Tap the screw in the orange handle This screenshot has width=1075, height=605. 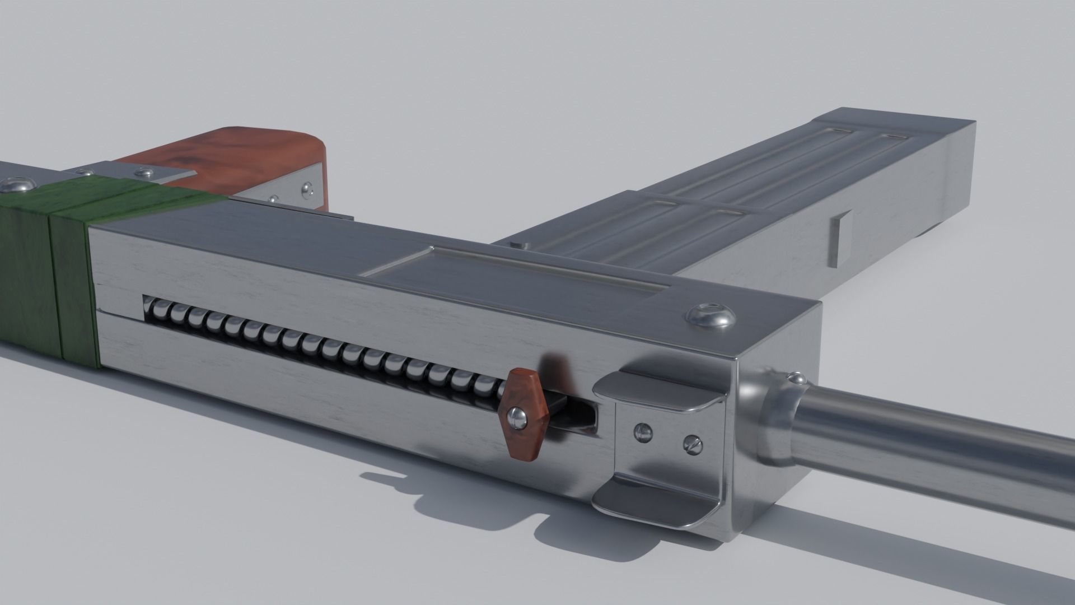tap(517, 416)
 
